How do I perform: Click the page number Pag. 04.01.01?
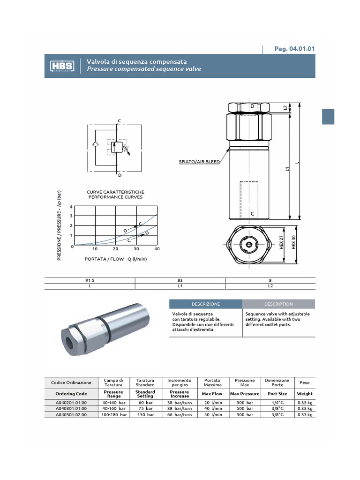coord(294,49)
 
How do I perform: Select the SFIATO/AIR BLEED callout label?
coord(199,162)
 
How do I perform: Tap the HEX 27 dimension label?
coord(282,242)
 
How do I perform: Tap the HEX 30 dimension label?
coord(294,242)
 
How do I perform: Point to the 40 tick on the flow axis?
coord(157,249)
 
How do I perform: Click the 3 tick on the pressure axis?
coord(71,216)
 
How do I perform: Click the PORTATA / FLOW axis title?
coord(116,259)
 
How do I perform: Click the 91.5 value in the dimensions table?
coord(90,281)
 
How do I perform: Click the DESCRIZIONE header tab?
coord(205,304)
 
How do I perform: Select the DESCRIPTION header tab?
coord(278,304)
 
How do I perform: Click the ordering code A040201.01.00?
coord(71,403)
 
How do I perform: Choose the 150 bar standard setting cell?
coord(145,415)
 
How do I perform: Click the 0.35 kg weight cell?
coord(305,403)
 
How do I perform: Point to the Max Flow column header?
coord(213,394)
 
